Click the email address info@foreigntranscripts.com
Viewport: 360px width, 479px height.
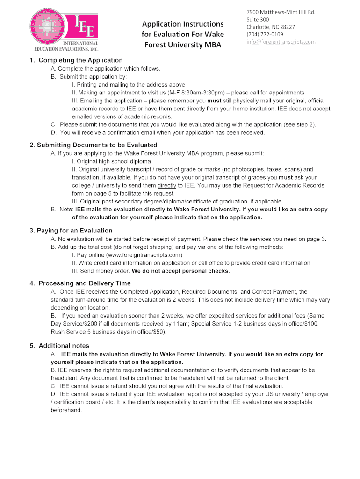(281, 42)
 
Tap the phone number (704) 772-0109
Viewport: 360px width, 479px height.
(265, 34)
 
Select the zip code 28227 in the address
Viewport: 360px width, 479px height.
(286, 27)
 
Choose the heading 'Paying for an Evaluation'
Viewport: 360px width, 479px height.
(74, 231)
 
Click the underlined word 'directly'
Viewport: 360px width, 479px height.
(167, 185)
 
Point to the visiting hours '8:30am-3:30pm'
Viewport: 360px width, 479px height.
(186, 93)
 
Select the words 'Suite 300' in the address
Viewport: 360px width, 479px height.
(258, 19)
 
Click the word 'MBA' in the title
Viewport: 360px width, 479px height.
(211, 45)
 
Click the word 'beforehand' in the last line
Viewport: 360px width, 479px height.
(66, 410)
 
